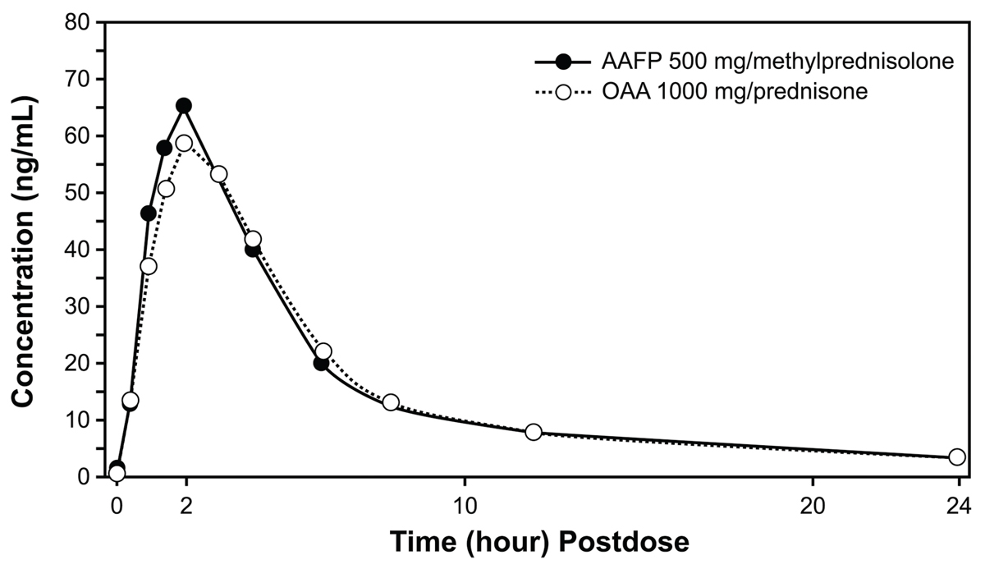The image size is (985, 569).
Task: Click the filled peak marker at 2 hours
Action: [x=184, y=106]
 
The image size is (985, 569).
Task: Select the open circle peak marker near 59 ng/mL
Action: [x=184, y=143]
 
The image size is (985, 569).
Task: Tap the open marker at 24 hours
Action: [x=956, y=457]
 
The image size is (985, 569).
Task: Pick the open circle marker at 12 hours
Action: [x=534, y=432]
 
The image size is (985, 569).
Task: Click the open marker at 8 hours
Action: [x=391, y=402]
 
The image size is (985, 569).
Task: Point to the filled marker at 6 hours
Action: [x=321, y=363]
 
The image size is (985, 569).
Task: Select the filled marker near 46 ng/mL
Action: [x=149, y=213]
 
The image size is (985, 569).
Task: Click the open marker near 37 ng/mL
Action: [x=149, y=266]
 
